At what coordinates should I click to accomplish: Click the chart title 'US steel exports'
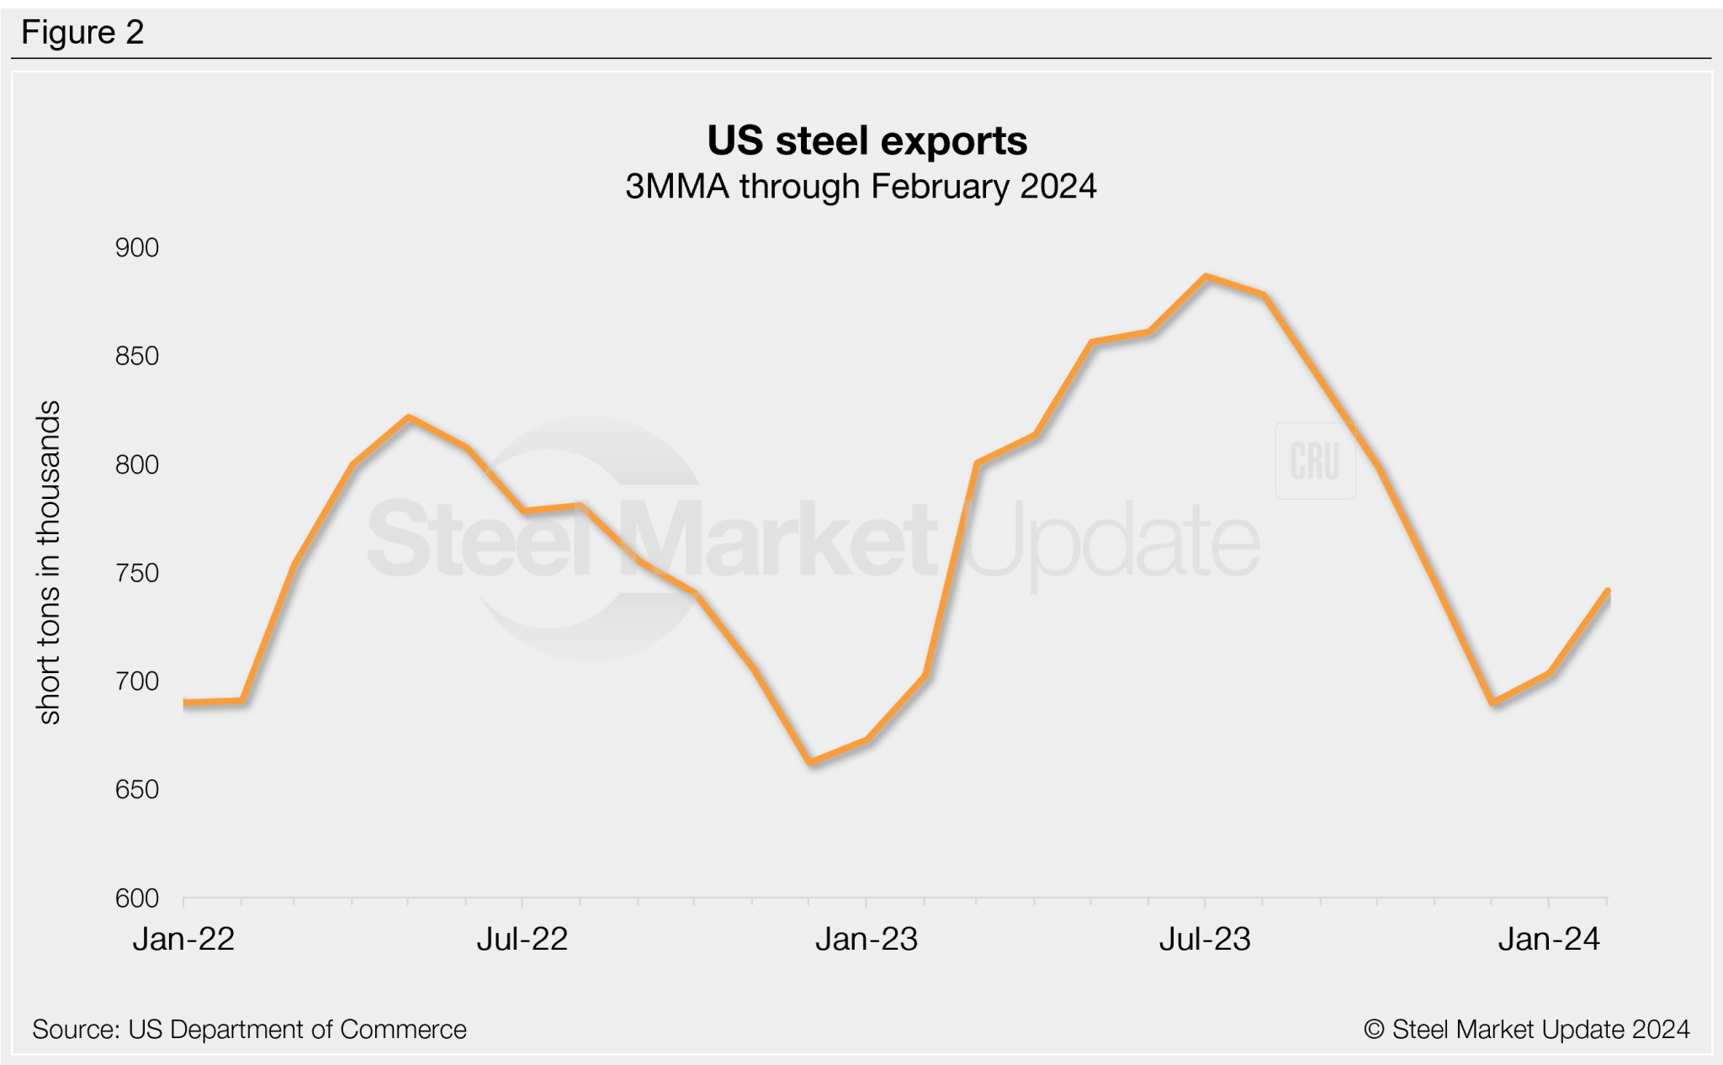pos(867,140)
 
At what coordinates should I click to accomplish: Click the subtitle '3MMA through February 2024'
pos(860,187)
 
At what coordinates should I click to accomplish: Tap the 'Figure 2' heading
pos(82,33)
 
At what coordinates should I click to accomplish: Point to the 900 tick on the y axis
pos(137,248)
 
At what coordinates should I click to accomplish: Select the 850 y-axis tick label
pos(137,356)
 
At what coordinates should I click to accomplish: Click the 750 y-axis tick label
pos(137,573)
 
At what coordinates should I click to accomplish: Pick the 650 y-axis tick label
pos(137,790)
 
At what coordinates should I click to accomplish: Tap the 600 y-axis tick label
pos(137,898)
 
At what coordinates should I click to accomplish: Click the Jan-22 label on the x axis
pos(183,939)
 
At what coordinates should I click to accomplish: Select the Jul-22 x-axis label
pos(522,939)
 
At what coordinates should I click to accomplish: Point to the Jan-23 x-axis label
pos(867,939)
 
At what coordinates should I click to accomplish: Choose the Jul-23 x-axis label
pos(1205,939)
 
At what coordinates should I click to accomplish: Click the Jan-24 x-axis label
pos(1549,939)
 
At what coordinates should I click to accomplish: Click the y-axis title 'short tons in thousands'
pos(50,562)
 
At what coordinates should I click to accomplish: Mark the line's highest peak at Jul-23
pos(1206,277)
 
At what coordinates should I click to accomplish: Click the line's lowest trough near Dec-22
pos(810,762)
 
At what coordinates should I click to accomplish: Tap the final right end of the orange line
pos(1607,591)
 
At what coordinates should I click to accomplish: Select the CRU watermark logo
pos(1315,461)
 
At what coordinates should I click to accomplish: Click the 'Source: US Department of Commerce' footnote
pos(249,1030)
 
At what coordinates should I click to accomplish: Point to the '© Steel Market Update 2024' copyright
pos(1526,1030)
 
